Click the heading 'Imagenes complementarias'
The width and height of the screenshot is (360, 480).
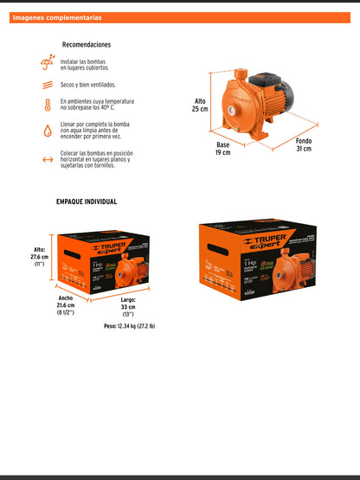pos(57,17)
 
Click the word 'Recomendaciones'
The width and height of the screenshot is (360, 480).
pos(87,45)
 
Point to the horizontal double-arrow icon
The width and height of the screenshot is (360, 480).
pos(48,159)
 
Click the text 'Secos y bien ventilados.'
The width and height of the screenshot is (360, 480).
pos(91,86)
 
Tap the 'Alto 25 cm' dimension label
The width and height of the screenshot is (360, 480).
pos(200,105)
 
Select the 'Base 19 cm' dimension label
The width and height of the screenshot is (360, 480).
pos(223,148)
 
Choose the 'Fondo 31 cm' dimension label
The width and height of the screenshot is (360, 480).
pos(303,144)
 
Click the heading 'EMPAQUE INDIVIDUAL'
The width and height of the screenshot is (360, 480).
pos(87,202)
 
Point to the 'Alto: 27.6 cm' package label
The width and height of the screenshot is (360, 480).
pos(39,256)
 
